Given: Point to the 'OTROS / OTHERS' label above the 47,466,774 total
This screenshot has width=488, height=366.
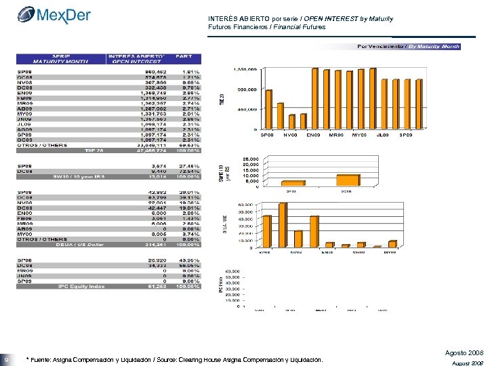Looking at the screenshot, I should [x=42, y=145].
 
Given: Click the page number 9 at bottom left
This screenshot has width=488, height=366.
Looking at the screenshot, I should [x=6, y=359].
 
